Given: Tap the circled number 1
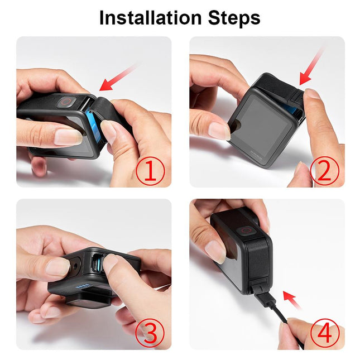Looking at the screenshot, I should (x=149, y=171).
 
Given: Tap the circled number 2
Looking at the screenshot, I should (x=324, y=172).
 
